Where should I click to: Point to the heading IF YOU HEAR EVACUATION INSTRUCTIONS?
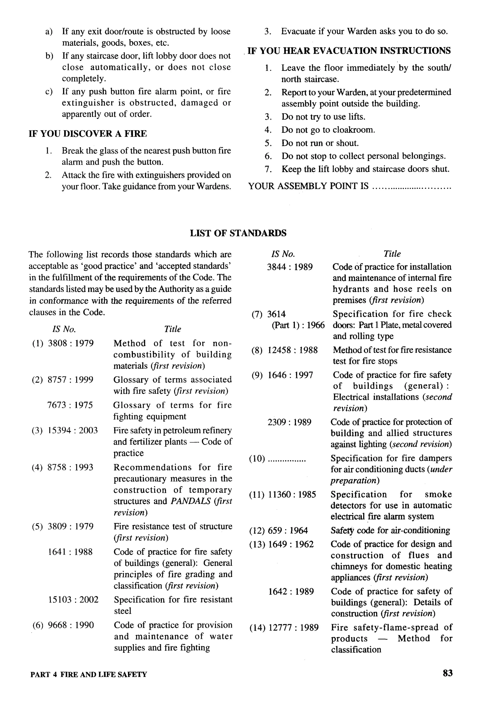point(349,51)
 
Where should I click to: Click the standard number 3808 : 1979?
point(71,343)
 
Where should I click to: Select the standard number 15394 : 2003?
point(73,430)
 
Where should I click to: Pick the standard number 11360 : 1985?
point(292,494)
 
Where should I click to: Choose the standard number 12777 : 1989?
point(293,627)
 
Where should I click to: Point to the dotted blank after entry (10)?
point(287,459)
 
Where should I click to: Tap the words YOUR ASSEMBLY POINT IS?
point(308,186)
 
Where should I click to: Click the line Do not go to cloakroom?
point(328,130)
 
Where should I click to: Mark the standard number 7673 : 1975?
point(70,405)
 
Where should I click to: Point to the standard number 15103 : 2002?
point(73,599)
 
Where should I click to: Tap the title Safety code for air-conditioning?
point(390,530)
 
